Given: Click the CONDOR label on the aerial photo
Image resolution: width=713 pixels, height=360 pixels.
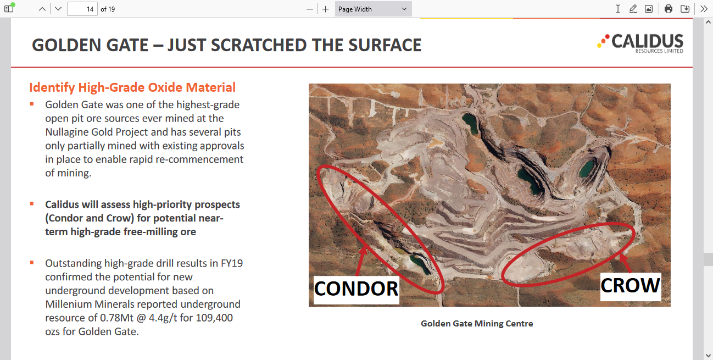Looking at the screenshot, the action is click(356, 289).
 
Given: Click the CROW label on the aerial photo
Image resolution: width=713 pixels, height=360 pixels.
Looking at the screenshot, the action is click(631, 286).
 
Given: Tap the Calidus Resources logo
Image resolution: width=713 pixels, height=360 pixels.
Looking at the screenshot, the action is click(640, 43).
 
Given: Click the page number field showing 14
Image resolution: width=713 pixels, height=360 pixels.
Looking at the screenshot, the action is click(82, 9).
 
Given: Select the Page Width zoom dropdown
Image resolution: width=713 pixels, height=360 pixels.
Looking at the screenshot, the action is click(373, 9).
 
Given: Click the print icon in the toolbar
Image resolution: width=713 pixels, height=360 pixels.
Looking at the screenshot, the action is click(669, 9).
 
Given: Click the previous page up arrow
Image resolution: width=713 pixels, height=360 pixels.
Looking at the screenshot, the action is click(42, 9).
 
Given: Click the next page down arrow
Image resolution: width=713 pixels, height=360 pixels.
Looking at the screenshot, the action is click(58, 9).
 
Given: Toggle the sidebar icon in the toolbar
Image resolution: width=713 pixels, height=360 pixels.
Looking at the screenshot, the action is click(9, 8).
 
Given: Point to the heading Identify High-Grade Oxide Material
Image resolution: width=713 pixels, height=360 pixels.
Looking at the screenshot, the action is click(132, 87).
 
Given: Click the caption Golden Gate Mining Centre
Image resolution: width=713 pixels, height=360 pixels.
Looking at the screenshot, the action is click(477, 323).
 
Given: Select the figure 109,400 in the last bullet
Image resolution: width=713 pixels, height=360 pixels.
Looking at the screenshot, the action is click(215, 318).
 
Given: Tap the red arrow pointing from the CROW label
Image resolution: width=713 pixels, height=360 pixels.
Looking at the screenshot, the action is click(625, 263).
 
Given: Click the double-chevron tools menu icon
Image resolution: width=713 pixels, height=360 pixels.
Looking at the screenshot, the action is click(704, 9).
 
